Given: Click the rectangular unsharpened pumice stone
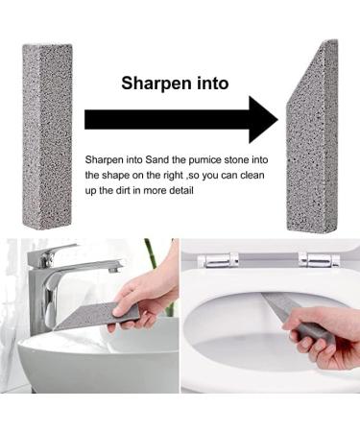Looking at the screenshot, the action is pos(47,137).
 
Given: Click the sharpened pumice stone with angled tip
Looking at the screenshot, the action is pos(312,137).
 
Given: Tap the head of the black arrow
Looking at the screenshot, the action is pos(263,120).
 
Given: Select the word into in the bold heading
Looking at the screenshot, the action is pos(212,83).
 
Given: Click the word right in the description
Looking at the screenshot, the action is pos(174,176).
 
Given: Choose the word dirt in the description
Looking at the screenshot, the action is pos(123,191).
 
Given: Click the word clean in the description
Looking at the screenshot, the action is pos(252,176).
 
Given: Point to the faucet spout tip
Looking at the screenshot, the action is pos(116,269).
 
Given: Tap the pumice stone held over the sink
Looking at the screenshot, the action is pos(97,316).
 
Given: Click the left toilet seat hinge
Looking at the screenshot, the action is pos(218,260).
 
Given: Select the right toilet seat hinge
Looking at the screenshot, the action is pos(319,259).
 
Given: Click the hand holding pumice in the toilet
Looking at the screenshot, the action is pos(324,336).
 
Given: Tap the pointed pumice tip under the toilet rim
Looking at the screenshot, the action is pos(265,297).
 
